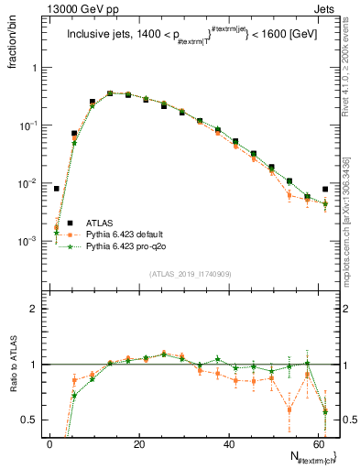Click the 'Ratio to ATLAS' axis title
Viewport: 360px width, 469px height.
click(x=10, y=366)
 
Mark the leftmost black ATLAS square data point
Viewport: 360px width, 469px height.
click(x=57, y=189)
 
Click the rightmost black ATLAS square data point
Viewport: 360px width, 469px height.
click(x=325, y=189)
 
